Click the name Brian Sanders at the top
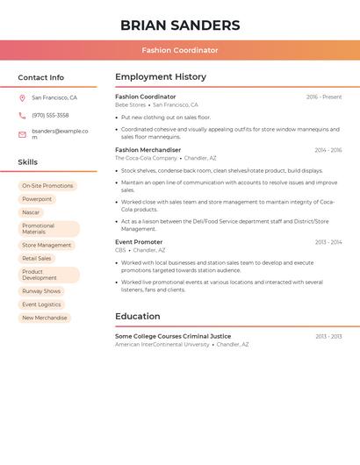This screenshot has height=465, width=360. pyautogui.click(x=180, y=25)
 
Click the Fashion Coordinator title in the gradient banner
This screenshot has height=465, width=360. pyautogui.click(x=180, y=50)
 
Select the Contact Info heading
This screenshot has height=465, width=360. pyautogui.click(x=40, y=77)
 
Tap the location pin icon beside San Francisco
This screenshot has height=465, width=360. pyautogui.click(x=22, y=98)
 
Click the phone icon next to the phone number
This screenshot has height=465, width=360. pyautogui.click(x=22, y=116)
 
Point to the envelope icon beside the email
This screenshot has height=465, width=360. pyautogui.click(x=22, y=134)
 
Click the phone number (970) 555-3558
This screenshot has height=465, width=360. pyautogui.click(x=50, y=116)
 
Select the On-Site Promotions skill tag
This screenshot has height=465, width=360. pyautogui.click(x=47, y=186)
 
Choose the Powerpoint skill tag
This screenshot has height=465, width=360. pyautogui.click(x=37, y=199)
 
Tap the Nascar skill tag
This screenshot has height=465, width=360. pyautogui.click(x=31, y=212)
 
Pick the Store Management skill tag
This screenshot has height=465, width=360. pyautogui.click(x=47, y=246)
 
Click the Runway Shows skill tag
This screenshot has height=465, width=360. pyautogui.click(x=41, y=291)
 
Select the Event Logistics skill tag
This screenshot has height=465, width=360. pyautogui.click(x=41, y=304)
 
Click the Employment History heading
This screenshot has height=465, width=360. pyautogui.click(x=161, y=77)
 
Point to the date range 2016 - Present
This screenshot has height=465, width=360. pyautogui.click(x=324, y=97)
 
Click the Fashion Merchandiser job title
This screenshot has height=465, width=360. pyautogui.click(x=148, y=150)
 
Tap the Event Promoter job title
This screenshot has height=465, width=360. pyautogui.click(x=139, y=242)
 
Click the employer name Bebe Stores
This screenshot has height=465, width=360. pyautogui.click(x=130, y=105)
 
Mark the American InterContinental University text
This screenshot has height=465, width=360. pyautogui.click(x=162, y=345)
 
